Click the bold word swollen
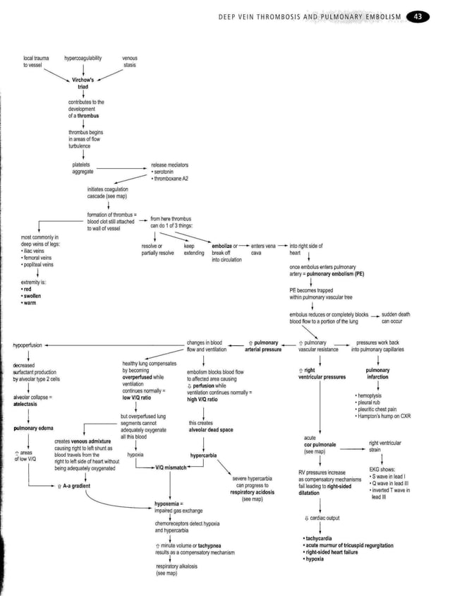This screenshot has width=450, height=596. pos(28,297)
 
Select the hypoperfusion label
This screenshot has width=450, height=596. pos(29,345)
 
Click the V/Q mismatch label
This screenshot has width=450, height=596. pos(171,467)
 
